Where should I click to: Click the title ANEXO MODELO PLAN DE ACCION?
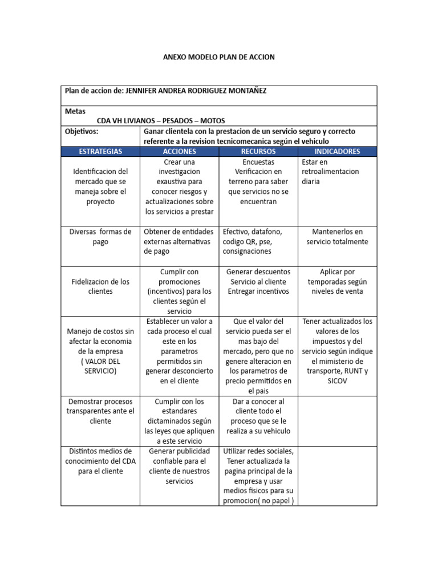[219, 57]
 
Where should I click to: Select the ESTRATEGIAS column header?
[100, 151]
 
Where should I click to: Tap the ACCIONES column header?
[179, 151]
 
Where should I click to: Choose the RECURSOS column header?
[258, 151]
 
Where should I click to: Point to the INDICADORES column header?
[337, 151]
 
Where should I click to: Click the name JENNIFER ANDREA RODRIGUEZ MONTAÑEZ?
[196, 91]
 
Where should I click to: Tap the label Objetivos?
[82, 131]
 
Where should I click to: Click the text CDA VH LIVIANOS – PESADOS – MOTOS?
[161, 121]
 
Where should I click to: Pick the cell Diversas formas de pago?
[100, 237]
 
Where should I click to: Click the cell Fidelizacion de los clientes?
[100, 286]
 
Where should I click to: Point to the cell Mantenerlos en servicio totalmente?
[337, 237]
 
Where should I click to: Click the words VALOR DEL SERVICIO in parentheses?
[100, 366]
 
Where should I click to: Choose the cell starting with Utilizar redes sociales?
[258, 476]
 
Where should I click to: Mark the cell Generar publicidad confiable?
[179, 466]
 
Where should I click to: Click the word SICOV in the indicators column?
[337, 381]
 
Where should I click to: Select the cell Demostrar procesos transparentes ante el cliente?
[100, 411]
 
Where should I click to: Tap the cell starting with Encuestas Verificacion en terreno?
[258, 181]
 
